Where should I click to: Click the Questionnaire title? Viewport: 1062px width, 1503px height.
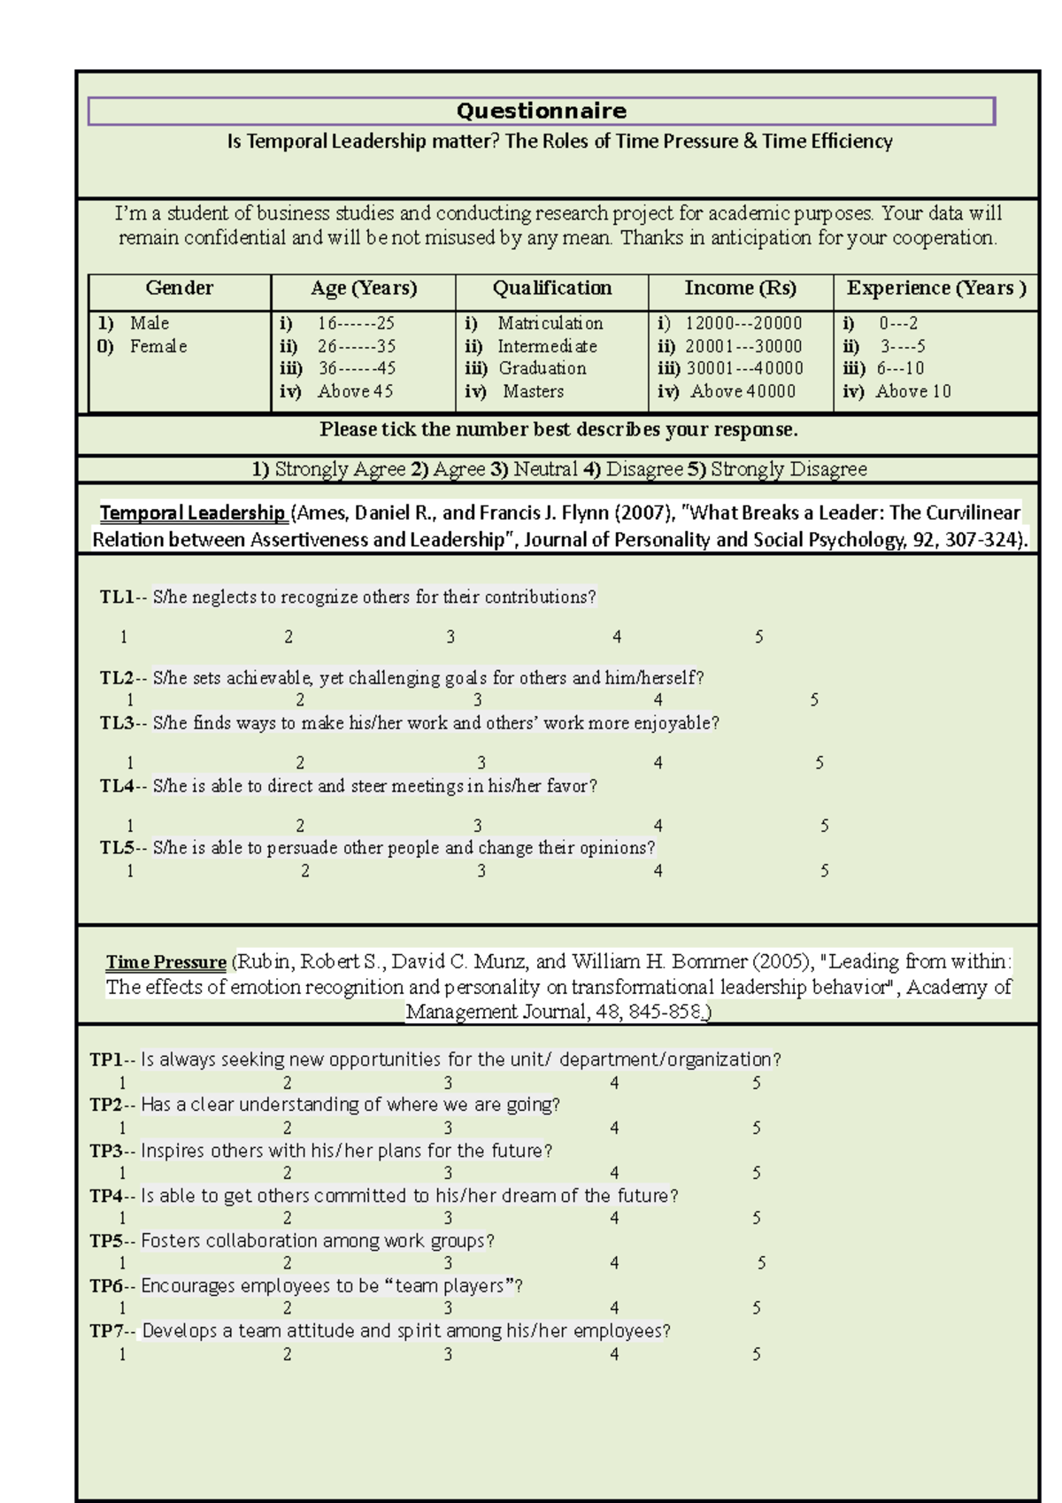click(541, 111)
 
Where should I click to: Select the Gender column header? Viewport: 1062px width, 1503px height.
click(179, 289)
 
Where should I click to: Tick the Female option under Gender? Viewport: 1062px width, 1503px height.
click(158, 346)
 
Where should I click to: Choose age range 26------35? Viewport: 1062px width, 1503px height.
click(356, 346)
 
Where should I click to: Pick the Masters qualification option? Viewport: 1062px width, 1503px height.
click(533, 391)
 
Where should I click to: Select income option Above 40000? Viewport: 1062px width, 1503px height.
click(743, 391)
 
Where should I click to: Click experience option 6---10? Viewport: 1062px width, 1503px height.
click(900, 368)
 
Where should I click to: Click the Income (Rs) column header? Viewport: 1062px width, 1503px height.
click(740, 289)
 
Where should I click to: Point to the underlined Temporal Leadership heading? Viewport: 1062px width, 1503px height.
click(192, 513)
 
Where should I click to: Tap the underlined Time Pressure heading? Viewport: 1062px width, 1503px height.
click(166, 962)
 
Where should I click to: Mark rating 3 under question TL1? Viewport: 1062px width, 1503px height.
click(450, 637)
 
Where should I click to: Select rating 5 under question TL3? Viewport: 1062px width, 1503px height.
click(820, 763)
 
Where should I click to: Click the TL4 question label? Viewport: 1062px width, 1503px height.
click(117, 786)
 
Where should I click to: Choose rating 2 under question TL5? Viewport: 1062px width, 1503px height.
click(305, 871)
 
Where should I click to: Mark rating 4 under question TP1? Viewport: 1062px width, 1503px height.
click(614, 1083)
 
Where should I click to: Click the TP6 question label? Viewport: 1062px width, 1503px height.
click(106, 1286)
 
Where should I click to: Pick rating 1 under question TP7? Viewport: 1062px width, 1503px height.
click(122, 1354)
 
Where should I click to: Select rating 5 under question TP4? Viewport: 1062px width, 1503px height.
click(757, 1218)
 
